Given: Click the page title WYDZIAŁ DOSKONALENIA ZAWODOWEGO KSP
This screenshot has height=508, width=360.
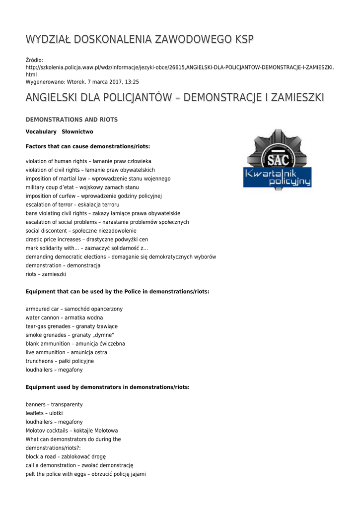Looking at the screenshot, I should (x=140, y=40).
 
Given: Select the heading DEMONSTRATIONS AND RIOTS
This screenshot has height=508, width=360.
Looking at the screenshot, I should (x=72, y=120).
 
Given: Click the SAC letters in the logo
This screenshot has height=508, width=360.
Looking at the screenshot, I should (x=278, y=160).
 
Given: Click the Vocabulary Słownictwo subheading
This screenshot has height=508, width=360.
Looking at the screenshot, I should (x=59, y=132).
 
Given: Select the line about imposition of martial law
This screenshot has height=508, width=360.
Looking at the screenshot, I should (x=98, y=179).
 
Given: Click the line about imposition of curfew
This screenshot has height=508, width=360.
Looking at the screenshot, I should (x=94, y=196).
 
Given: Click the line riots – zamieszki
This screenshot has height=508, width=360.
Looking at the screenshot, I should (x=46, y=274).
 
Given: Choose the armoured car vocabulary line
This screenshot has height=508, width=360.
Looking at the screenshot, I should (x=74, y=309).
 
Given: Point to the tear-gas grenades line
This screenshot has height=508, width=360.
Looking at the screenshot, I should (x=72, y=326).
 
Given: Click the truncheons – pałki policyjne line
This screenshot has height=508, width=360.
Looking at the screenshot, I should (x=60, y=361).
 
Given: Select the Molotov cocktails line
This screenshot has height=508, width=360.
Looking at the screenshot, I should (x=72, y=431).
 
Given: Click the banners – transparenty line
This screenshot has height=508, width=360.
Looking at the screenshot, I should (x=54, y=405).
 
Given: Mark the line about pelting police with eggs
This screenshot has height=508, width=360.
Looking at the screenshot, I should (x=85, y=474).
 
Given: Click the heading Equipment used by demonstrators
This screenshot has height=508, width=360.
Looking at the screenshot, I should (x=107, y=387).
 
